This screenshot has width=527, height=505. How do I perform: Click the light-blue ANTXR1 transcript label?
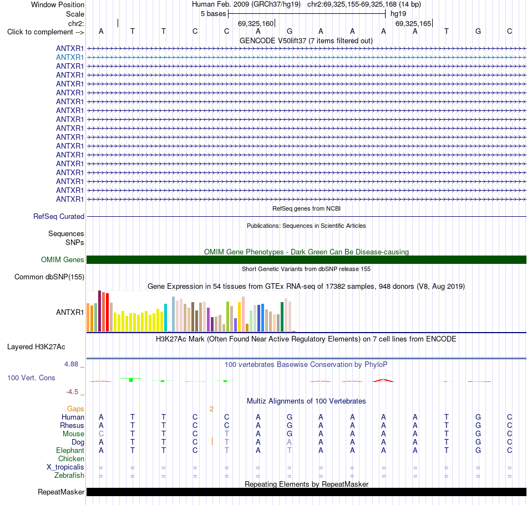point(70,58)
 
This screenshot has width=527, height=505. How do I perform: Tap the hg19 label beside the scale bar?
point(398,14)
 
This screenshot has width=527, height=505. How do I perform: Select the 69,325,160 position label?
point(256,23)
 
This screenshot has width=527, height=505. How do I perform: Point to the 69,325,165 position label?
point(413,23)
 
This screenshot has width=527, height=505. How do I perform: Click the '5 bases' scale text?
point(214,14)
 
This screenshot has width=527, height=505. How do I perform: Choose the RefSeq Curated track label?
point(59,217)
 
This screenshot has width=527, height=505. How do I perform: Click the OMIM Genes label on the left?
point(63,259)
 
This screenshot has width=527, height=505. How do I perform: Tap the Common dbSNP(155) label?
point(49,277)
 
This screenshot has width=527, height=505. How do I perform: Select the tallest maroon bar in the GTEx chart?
point(99,311)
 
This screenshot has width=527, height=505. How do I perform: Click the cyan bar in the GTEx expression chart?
point(165,318)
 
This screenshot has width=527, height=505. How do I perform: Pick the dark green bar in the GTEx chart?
point(282,317)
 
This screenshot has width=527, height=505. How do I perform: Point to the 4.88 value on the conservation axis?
point(71,364)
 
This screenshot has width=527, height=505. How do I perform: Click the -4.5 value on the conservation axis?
point(72,392)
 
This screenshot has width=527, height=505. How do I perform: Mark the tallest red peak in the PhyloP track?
point(383,380)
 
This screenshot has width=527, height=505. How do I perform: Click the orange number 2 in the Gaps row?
point(211,409)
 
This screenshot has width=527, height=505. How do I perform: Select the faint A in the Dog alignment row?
point(290,442)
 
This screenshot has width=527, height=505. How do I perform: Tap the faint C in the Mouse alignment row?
point(101,434)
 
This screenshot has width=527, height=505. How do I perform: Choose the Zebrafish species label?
point(69,476)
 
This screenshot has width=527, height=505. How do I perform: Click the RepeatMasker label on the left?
point(61,492)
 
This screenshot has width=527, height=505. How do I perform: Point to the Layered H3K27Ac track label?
point(36,347)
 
